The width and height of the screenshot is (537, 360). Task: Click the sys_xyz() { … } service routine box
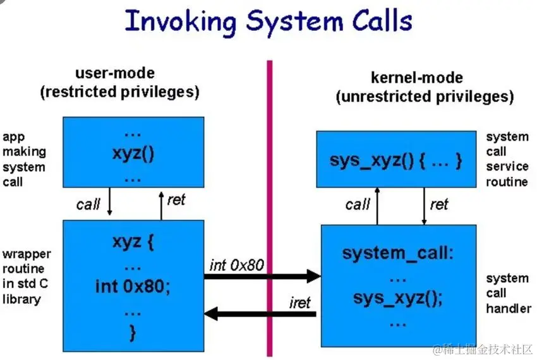click(395, 159)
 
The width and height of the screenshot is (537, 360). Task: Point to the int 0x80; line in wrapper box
click(133, 285)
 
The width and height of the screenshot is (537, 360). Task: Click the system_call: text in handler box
click(397, 253)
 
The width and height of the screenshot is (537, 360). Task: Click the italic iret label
click(300, 303)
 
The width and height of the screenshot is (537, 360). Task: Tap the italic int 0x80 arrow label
click(236, 265)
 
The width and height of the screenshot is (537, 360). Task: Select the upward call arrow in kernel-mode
click(377, 206)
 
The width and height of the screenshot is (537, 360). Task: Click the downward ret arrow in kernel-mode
click(424, 206)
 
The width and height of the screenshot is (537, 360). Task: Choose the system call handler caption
click(507, 293)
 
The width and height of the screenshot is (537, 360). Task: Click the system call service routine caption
click(507, 159)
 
